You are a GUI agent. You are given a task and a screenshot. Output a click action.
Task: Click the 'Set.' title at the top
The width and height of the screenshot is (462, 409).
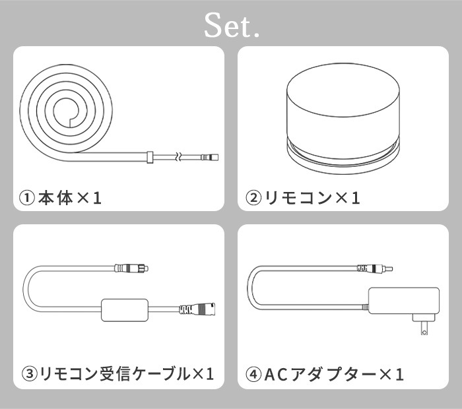[x=232, y=25]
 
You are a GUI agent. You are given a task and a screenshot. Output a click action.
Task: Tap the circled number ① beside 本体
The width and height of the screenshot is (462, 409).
[x=27, y=198]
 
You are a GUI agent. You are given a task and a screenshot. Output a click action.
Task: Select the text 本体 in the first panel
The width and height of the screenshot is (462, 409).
[x=55, y=198]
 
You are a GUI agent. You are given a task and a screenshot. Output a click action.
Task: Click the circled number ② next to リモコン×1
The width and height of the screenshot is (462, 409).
[x=253, y=198]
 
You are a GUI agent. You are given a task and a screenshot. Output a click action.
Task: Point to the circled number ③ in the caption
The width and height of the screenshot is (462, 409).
[x=30, y=374]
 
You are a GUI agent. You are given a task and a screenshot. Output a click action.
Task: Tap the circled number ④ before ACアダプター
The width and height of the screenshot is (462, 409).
[x=253, y=374]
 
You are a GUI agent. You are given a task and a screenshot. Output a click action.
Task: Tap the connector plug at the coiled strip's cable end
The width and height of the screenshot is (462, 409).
[x=210, y=157]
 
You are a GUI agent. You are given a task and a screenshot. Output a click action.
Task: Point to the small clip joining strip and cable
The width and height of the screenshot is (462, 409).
[x=150, y=157]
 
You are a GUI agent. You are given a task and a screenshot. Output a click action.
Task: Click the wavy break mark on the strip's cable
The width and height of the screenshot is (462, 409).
[x=178, y=156]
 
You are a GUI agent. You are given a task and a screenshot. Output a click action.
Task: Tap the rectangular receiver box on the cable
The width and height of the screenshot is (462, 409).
[x=124, y=310]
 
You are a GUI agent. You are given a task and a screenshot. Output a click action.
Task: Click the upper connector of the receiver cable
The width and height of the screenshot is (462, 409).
[x=131, y=268]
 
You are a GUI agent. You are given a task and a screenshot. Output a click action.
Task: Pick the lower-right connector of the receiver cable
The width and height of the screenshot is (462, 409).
[x=197, y=309]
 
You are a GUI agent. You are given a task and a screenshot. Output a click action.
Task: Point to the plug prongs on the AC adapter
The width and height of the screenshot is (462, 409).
[x=424, y=329]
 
